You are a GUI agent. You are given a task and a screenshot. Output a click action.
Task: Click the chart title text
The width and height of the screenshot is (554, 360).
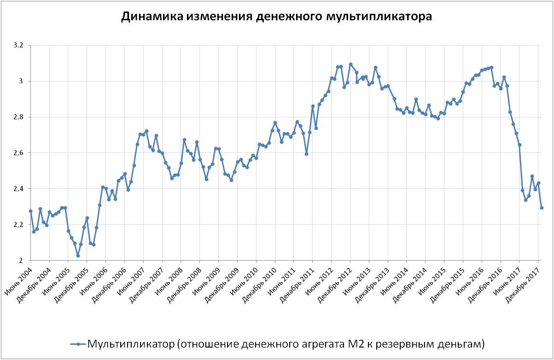276,17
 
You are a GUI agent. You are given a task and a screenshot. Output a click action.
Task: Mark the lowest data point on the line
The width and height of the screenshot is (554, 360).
78,255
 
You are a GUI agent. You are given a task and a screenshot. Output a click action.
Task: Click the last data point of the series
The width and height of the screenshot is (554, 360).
542,208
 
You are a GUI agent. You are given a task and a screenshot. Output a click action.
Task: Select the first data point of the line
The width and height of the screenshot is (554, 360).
30,211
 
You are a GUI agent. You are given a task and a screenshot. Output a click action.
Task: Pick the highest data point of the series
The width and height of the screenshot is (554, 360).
350,64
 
